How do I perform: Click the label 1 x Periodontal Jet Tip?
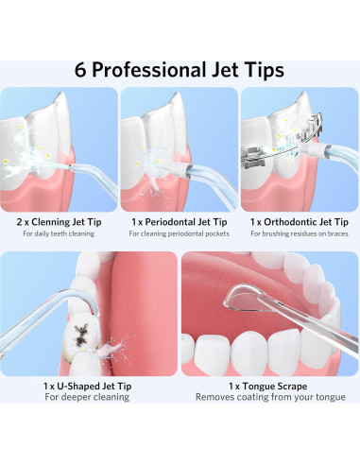180,221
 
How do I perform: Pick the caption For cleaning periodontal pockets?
180,233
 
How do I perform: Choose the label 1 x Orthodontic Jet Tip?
300,221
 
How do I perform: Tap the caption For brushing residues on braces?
300,233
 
